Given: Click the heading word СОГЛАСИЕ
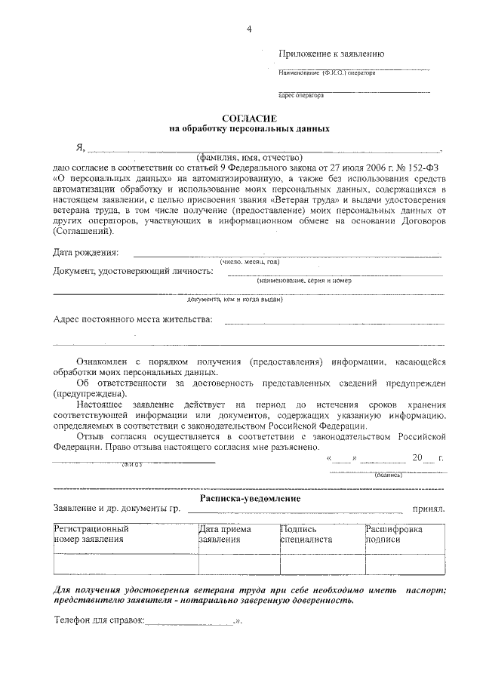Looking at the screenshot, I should click(x=248, y=119).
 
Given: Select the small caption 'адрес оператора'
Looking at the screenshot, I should click(x=301, y=96).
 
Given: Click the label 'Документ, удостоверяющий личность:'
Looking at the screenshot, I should click(x=133, y=271).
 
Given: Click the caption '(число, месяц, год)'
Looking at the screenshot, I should click(x=250, y=262).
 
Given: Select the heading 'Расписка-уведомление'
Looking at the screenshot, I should click(x=250, y=499).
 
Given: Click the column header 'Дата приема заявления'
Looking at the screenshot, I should click(x=224, y=534).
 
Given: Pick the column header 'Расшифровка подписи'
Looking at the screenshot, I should click(x=393, y=534).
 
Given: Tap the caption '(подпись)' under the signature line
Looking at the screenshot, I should click(x=388, y=475).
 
